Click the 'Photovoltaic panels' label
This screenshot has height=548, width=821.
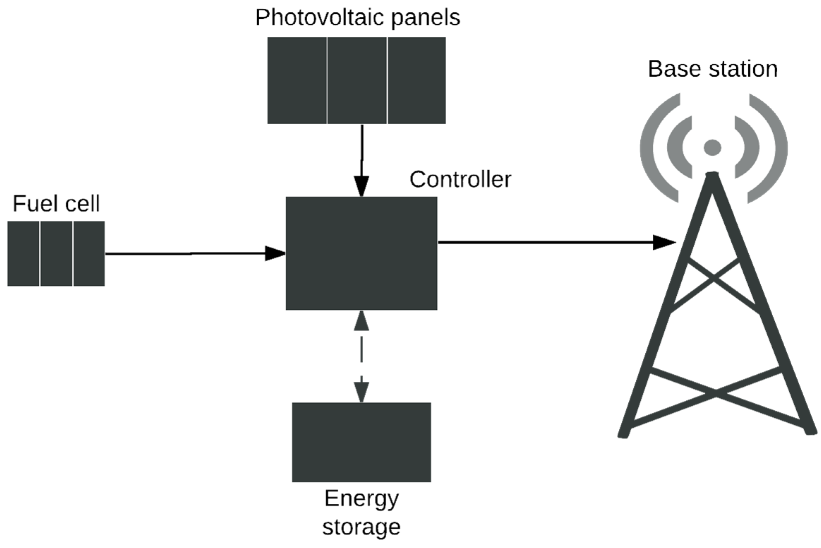point(357,18)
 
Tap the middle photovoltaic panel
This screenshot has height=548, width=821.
point(357,81)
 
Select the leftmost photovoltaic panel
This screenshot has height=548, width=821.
point(297,81)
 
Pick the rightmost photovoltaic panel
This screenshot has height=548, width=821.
point(416,81)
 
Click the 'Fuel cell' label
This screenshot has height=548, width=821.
point(56,204)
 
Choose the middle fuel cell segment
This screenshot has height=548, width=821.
point(56,254)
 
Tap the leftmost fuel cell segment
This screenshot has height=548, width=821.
point(23,254)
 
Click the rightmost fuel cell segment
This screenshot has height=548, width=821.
point(89,254)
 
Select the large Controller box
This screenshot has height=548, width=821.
point(361,253)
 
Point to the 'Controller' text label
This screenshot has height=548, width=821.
point(460,180)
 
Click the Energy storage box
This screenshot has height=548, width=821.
point(361,442)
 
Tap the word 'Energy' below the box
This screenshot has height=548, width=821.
point(361,499)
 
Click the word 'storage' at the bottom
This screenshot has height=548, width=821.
point(361,527)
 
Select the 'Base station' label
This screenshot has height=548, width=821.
point(712,69)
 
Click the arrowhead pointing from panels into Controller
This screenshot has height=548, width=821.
point(362,186)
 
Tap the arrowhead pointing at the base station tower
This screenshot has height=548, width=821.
point(664,243)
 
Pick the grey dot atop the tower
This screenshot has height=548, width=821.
point(712,148)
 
